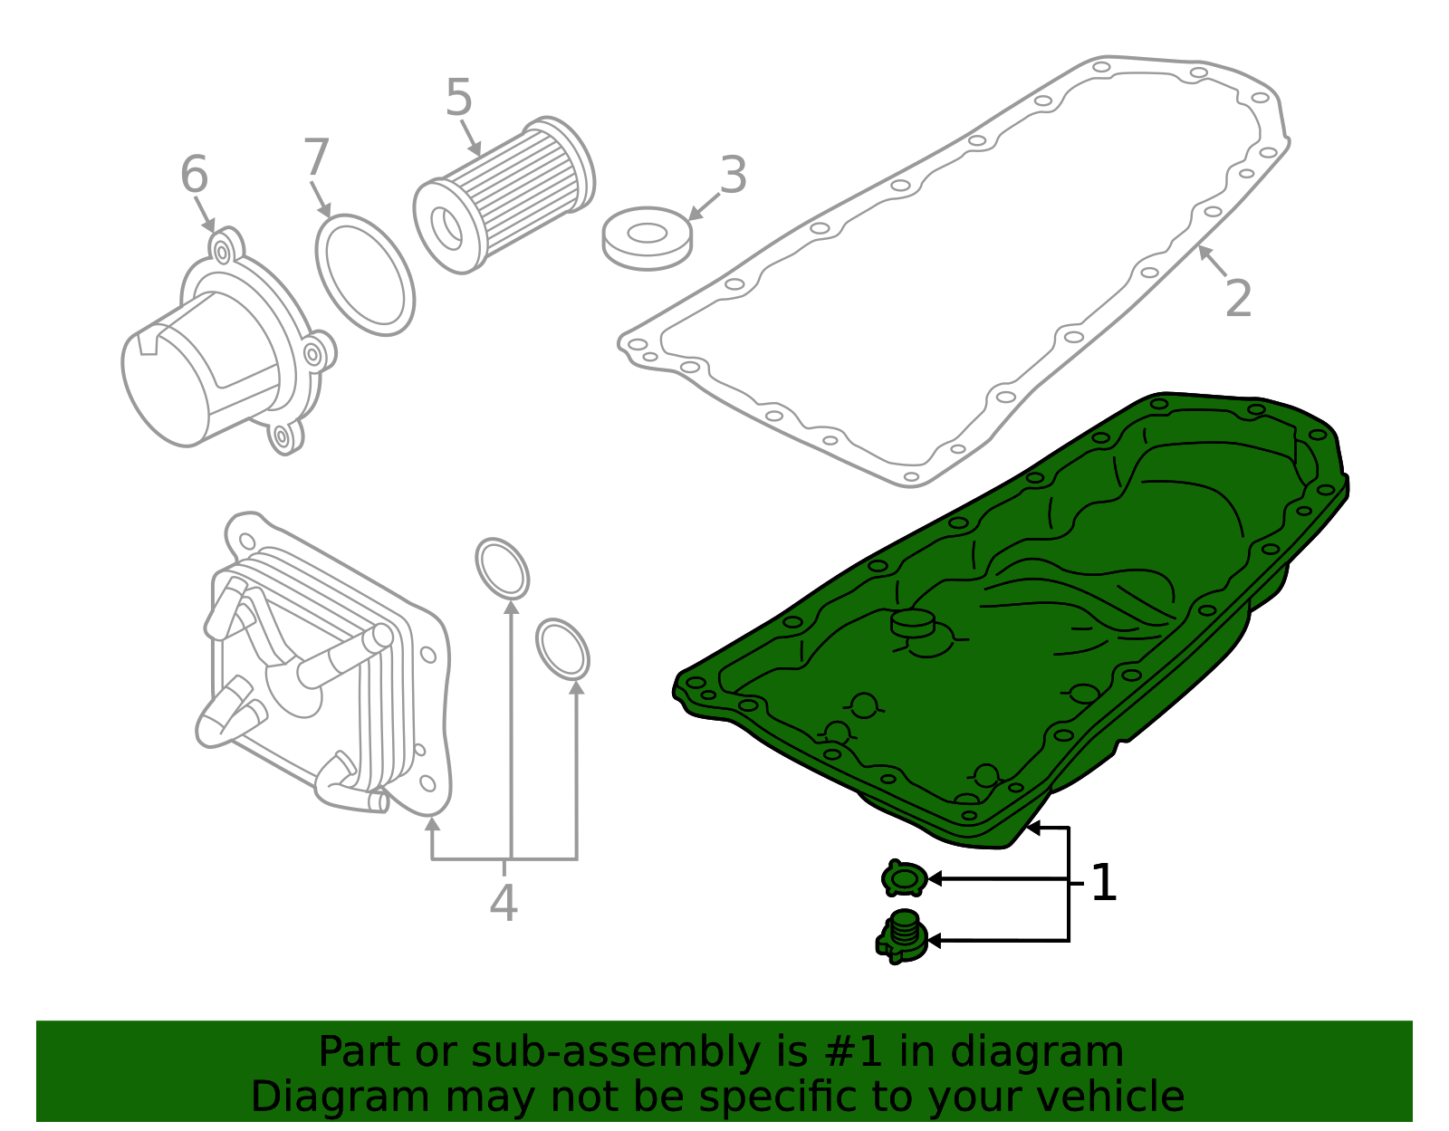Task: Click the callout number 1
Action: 1103,884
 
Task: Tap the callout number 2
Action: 1237,299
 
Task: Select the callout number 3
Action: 733,176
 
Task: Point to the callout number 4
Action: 504,903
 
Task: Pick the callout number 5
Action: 459,99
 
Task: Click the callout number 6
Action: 194,175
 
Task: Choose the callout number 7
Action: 316,158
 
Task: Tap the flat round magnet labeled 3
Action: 647,237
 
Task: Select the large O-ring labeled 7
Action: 365,274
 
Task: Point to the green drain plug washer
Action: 904,878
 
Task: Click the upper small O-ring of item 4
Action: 503,568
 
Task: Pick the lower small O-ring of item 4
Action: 562,648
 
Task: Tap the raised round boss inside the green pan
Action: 912,622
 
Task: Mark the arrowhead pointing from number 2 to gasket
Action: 1203,250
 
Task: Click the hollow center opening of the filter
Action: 446,229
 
